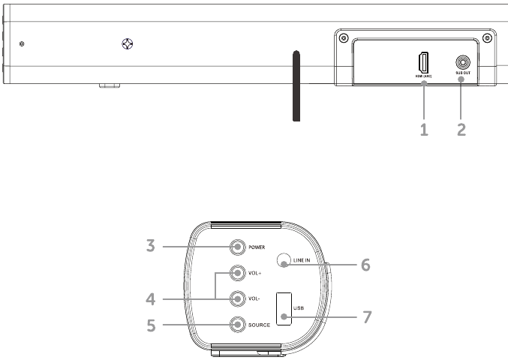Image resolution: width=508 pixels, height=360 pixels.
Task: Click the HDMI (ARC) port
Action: [x=423, y=61]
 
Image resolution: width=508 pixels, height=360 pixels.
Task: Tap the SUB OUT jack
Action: [x=461, y=64]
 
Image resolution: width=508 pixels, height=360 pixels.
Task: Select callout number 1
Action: [x=424, y=129]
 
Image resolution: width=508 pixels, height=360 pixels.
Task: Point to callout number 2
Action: [x=461, y=129]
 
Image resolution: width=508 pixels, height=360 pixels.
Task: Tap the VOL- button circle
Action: [x=237, y=298]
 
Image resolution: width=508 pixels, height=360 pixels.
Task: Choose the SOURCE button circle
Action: [x=237, y=324]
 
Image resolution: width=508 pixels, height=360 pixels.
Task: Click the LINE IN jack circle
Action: [x=284, y=259]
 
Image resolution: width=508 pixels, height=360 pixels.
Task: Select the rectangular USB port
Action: [x=284, y=308]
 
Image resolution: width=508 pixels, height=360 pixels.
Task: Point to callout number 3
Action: [x=150, y=246]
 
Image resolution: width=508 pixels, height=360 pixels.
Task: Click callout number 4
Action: [x=150, y=298]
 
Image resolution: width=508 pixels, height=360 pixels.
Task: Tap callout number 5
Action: [x=150, y=325]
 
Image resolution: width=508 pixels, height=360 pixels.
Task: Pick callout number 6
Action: [x=365, y=264]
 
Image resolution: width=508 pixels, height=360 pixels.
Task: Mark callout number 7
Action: [x=365, y=316]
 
